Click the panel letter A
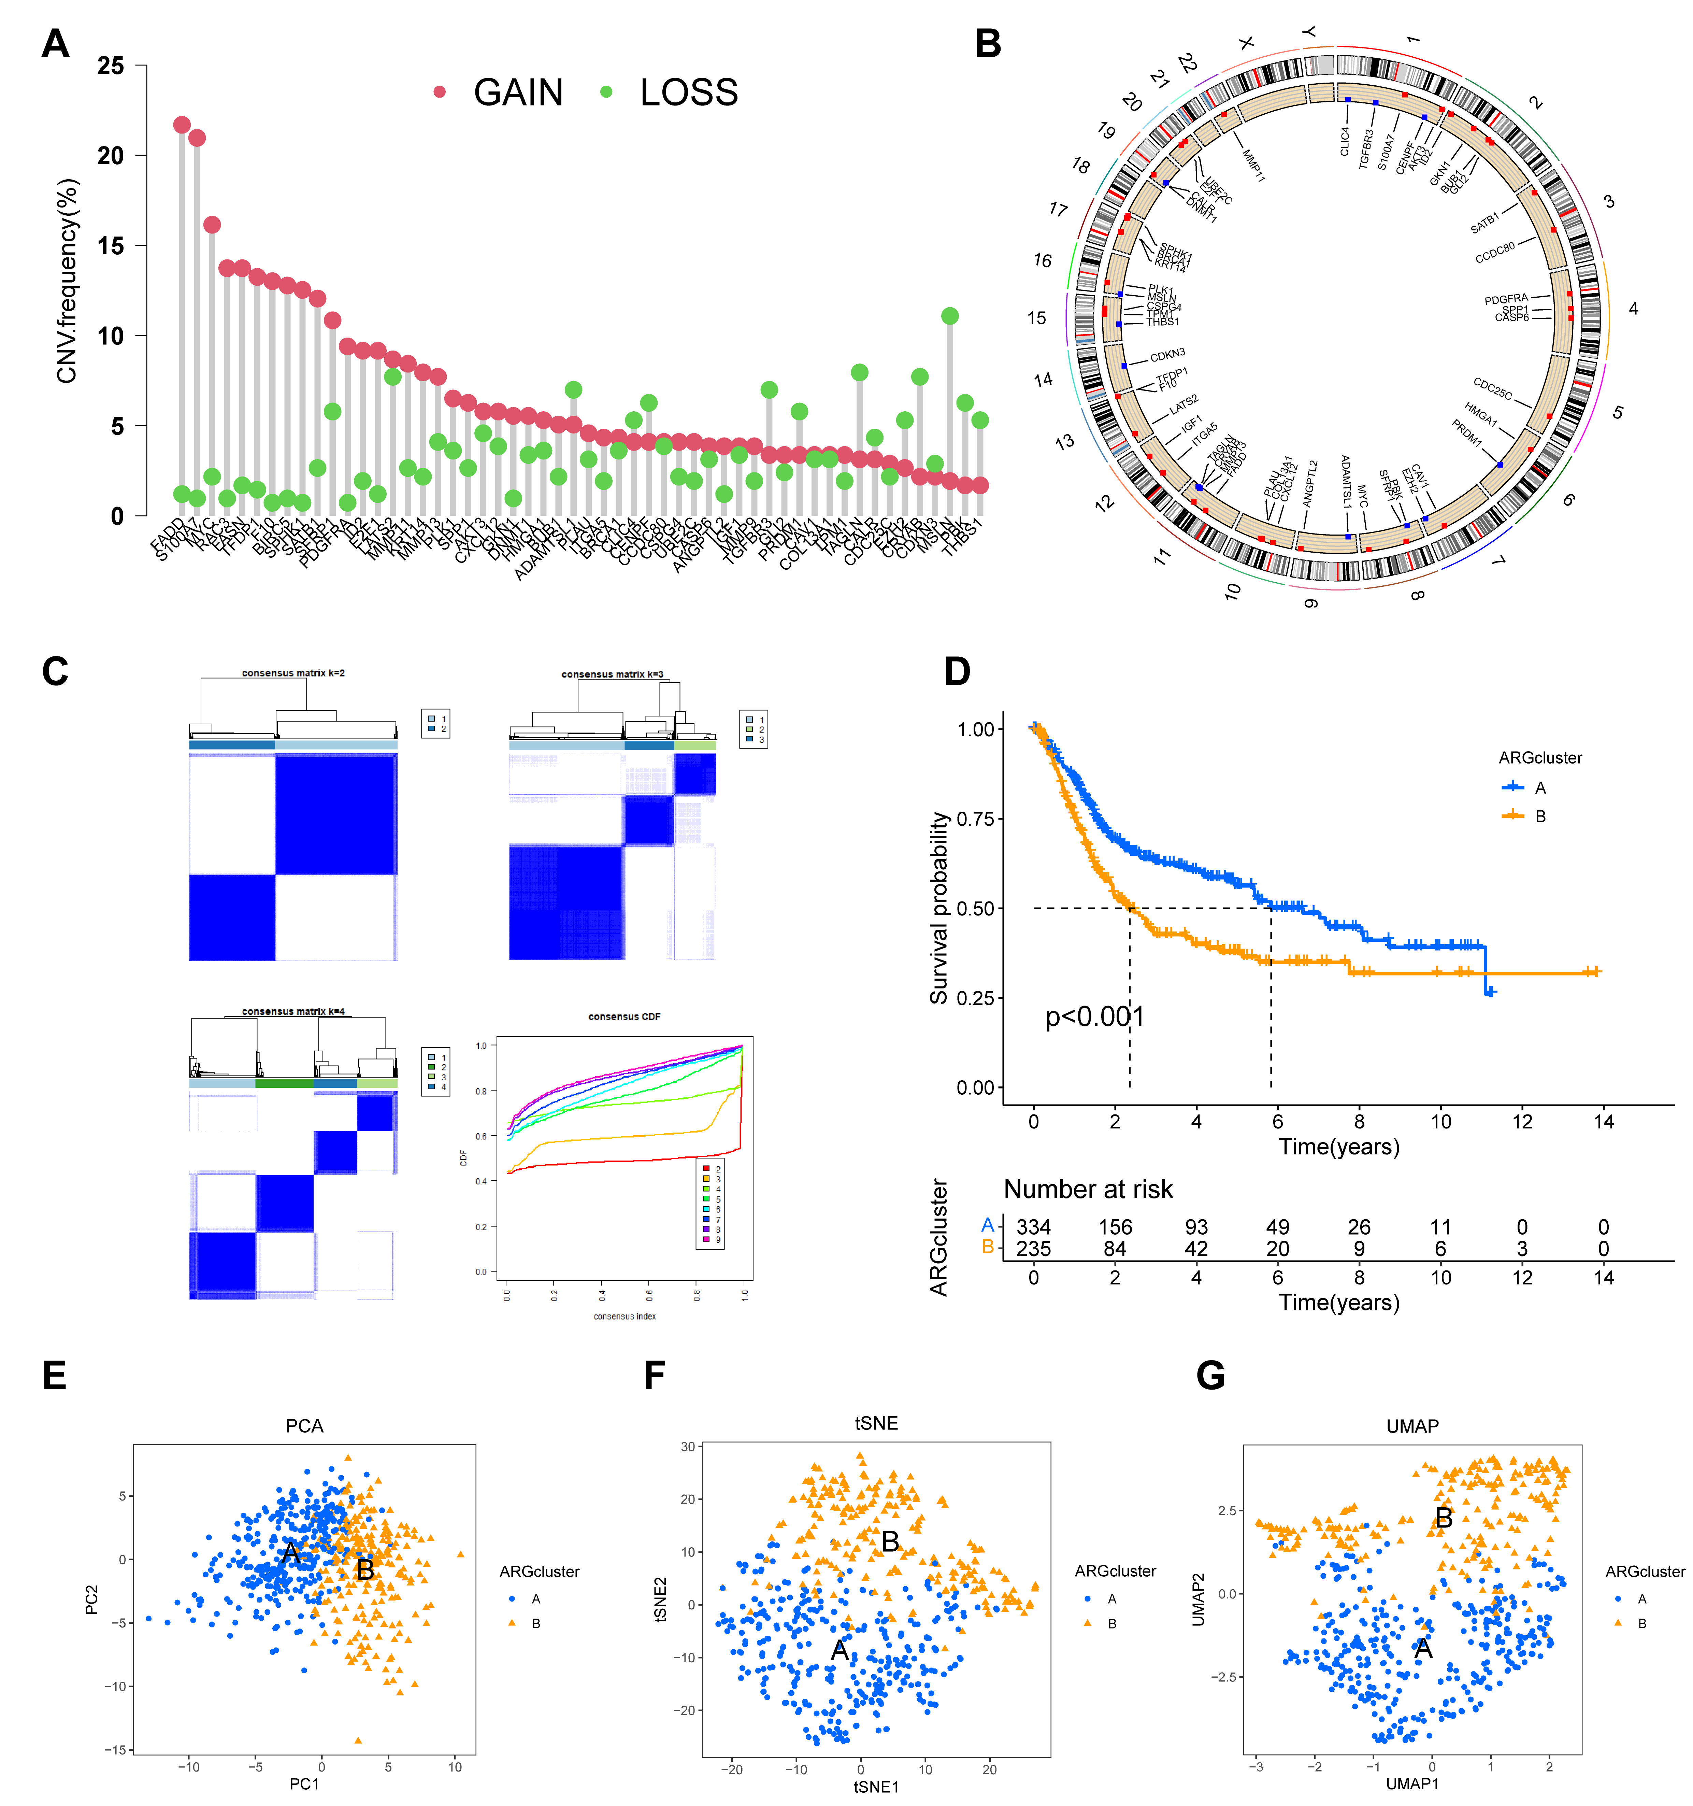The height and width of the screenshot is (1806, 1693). click(55, 44)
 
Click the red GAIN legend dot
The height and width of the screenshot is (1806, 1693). click(440, 92)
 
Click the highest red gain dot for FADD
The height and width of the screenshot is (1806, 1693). click(182, 125)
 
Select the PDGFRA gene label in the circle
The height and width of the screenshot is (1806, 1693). click(1506, 299)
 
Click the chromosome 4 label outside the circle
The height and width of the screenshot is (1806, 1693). click(1633, 309)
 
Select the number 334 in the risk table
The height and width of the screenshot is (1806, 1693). click(1034, 1227)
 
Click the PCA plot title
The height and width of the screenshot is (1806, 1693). click(304, 1425)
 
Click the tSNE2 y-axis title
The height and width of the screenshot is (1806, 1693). click(660, 1599)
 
